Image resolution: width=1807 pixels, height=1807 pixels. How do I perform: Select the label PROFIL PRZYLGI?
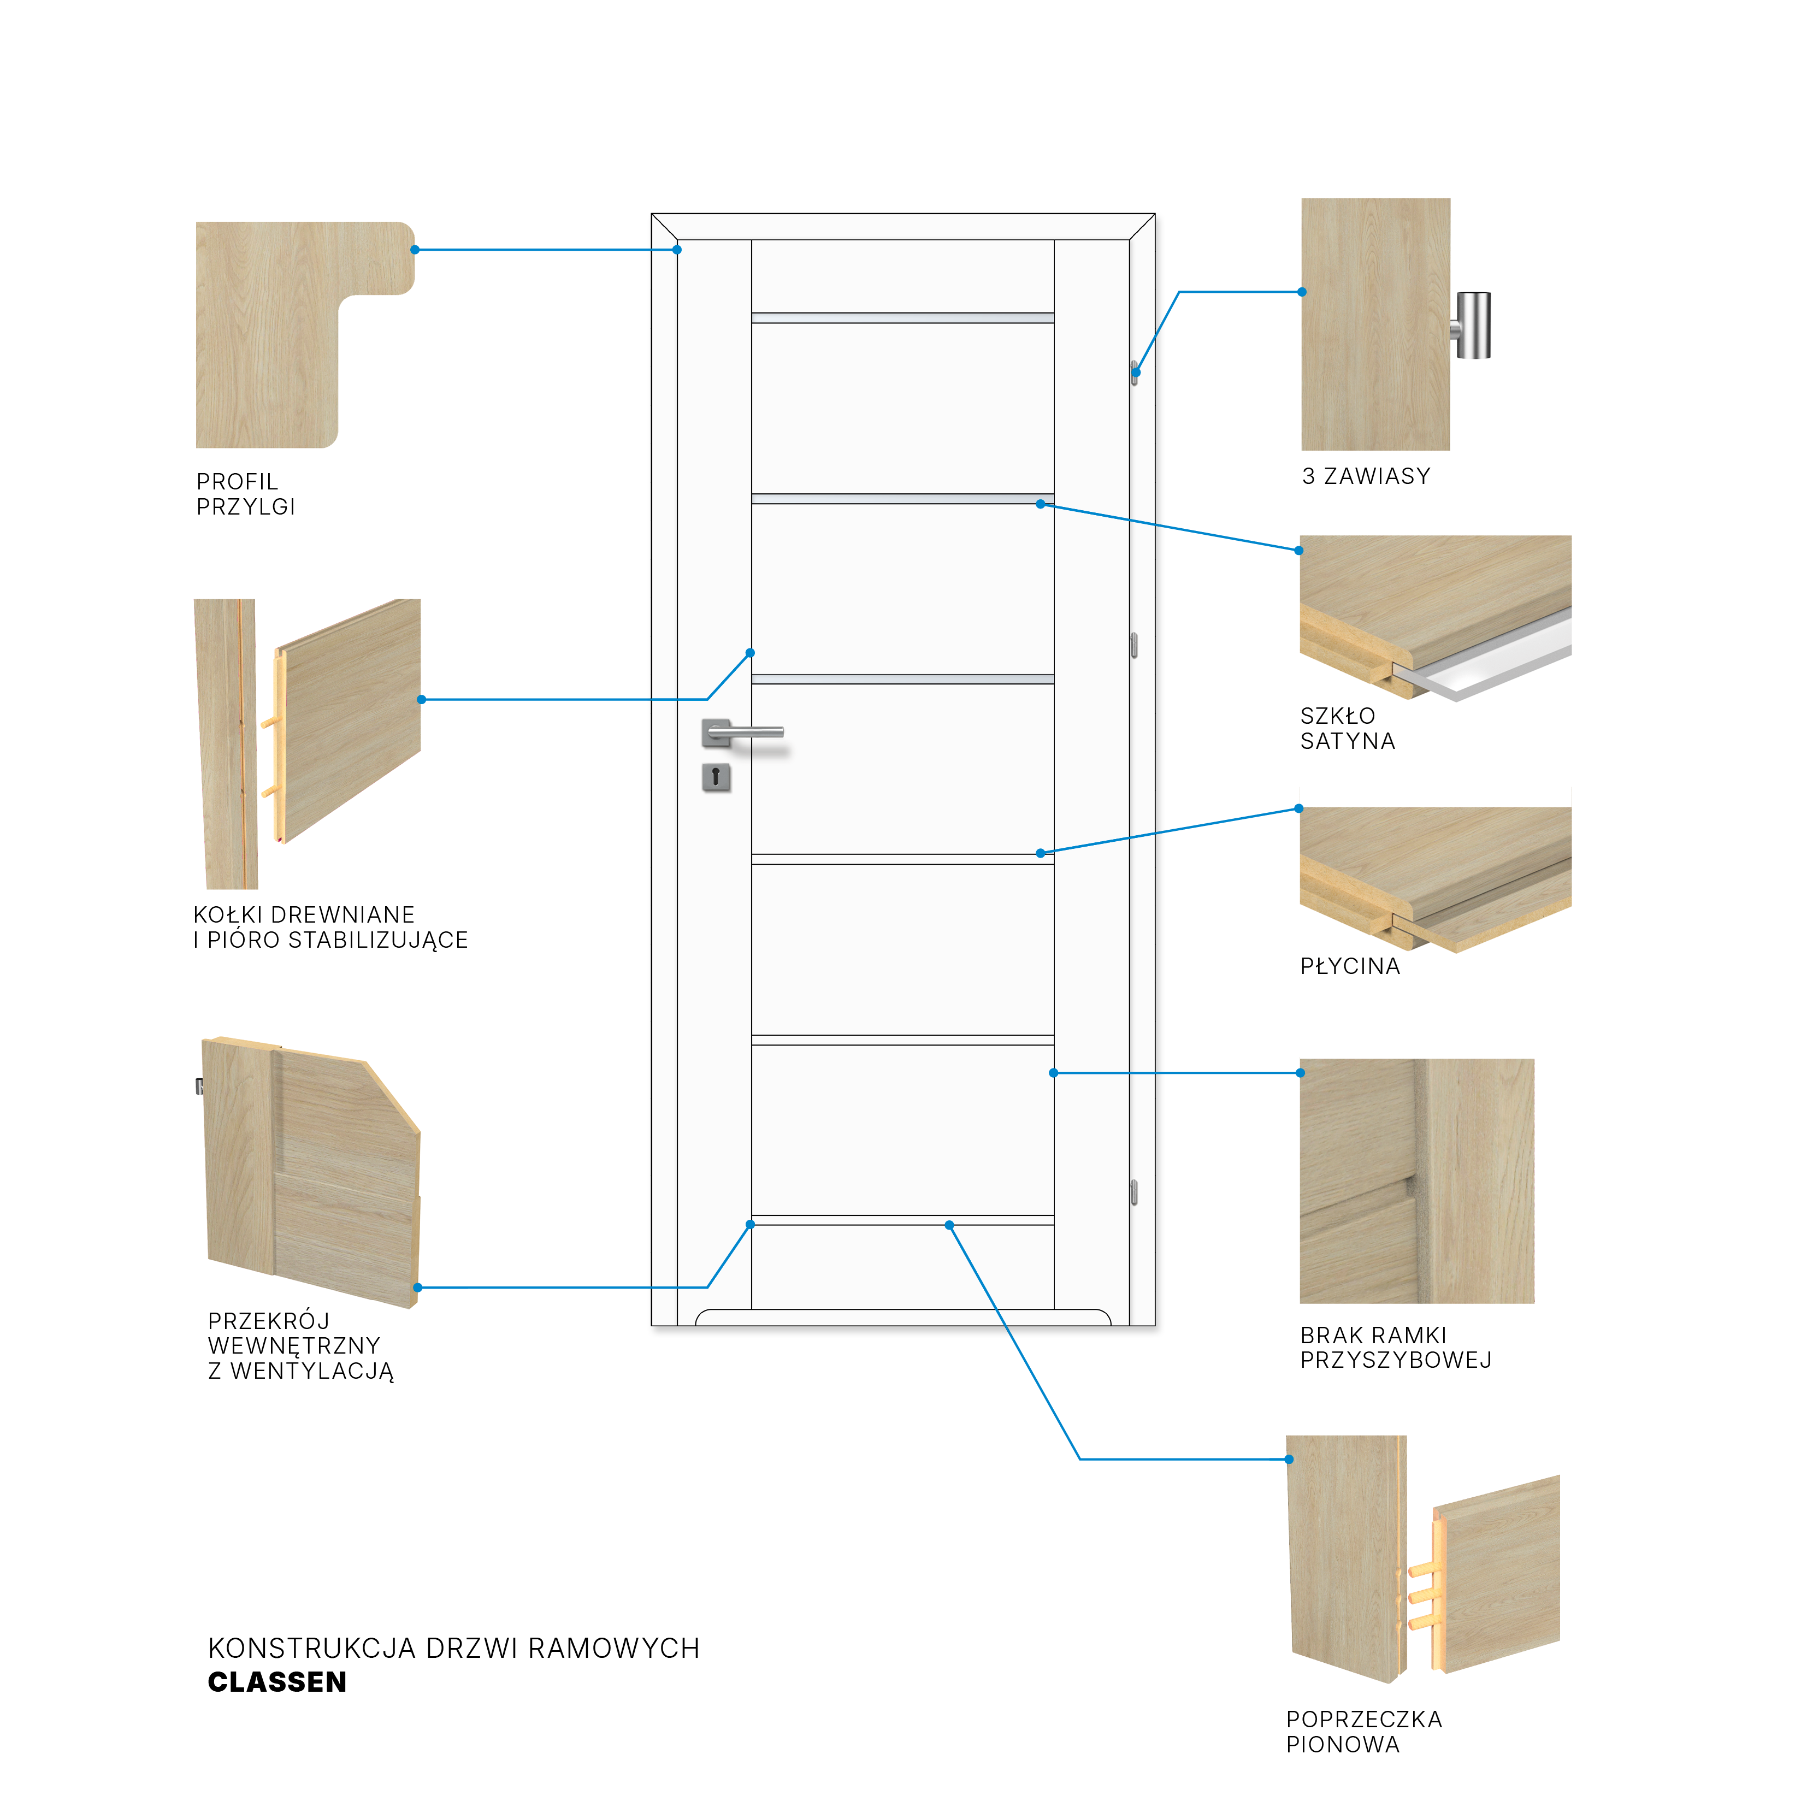coord(246,494)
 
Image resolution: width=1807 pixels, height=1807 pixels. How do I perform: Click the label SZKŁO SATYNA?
coord(1347,729)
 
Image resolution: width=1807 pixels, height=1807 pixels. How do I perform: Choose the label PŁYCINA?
coord(1350,966)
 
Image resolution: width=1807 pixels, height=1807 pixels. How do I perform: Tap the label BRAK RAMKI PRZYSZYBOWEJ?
coord(1396,1348)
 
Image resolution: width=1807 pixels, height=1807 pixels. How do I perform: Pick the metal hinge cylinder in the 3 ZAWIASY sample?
coord(1473,326)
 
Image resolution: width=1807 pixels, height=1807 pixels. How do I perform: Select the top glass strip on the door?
coord(902,318)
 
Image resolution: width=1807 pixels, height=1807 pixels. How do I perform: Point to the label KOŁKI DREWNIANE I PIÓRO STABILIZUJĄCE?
coord(330,927)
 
